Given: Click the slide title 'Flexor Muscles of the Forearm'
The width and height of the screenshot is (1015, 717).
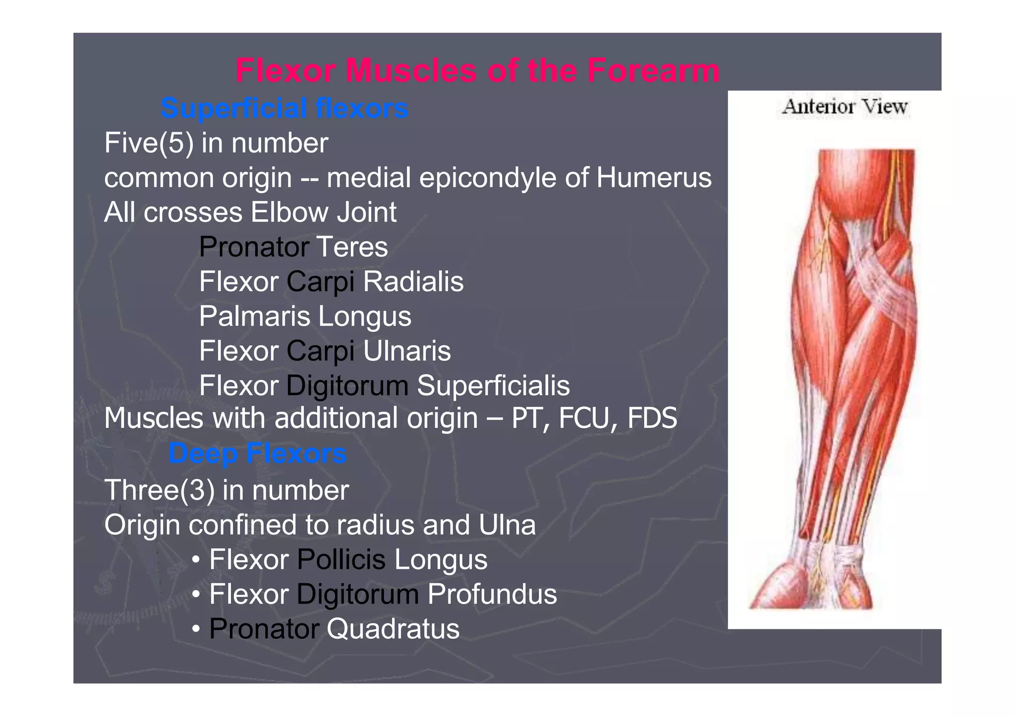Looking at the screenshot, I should [x=477, y=70].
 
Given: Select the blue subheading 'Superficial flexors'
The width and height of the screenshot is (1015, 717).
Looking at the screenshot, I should [x=284, y=108].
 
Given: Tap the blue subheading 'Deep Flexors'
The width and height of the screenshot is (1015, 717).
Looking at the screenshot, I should [x=257, y=453].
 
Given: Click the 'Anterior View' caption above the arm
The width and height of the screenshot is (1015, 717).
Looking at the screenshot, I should [x=845, y=107].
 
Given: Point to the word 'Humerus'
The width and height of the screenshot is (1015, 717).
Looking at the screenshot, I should [x=654, y=177].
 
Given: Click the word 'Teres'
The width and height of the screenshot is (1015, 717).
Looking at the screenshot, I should [x=352, y=247].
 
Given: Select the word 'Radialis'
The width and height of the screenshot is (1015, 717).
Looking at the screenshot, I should [x=413, y=281].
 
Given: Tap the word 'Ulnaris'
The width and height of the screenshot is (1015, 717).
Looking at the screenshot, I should [x=407, y=351].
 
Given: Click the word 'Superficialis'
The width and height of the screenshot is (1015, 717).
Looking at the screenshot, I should [x=493, y=385].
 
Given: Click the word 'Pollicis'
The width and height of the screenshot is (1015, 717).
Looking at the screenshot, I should [x=341, y=560].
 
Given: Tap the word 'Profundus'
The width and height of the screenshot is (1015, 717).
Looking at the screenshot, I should [x=492, y=594].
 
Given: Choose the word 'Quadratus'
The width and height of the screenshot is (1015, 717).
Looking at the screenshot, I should [x=393, y=629].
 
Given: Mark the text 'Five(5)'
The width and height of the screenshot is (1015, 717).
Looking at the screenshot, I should [x=149, y=143].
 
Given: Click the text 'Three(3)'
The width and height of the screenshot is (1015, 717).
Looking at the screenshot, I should [x=159, y=490].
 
